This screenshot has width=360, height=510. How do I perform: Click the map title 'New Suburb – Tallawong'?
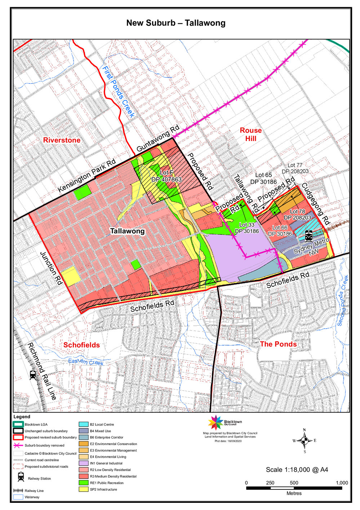click(175, 23)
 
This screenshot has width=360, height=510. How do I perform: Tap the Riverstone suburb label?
click(62, 140)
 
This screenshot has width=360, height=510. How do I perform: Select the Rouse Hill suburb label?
click(250, 134)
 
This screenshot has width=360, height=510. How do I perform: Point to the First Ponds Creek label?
click(118, 92)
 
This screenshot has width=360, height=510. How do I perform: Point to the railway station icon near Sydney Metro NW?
click(309, 236)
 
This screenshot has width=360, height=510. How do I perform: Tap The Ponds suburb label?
click(278, 344)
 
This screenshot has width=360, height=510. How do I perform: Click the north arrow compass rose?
click(305, 440)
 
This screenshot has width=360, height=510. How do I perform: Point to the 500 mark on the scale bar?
click(294, 483)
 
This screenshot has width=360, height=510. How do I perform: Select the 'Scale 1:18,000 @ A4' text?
click(297, 470)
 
